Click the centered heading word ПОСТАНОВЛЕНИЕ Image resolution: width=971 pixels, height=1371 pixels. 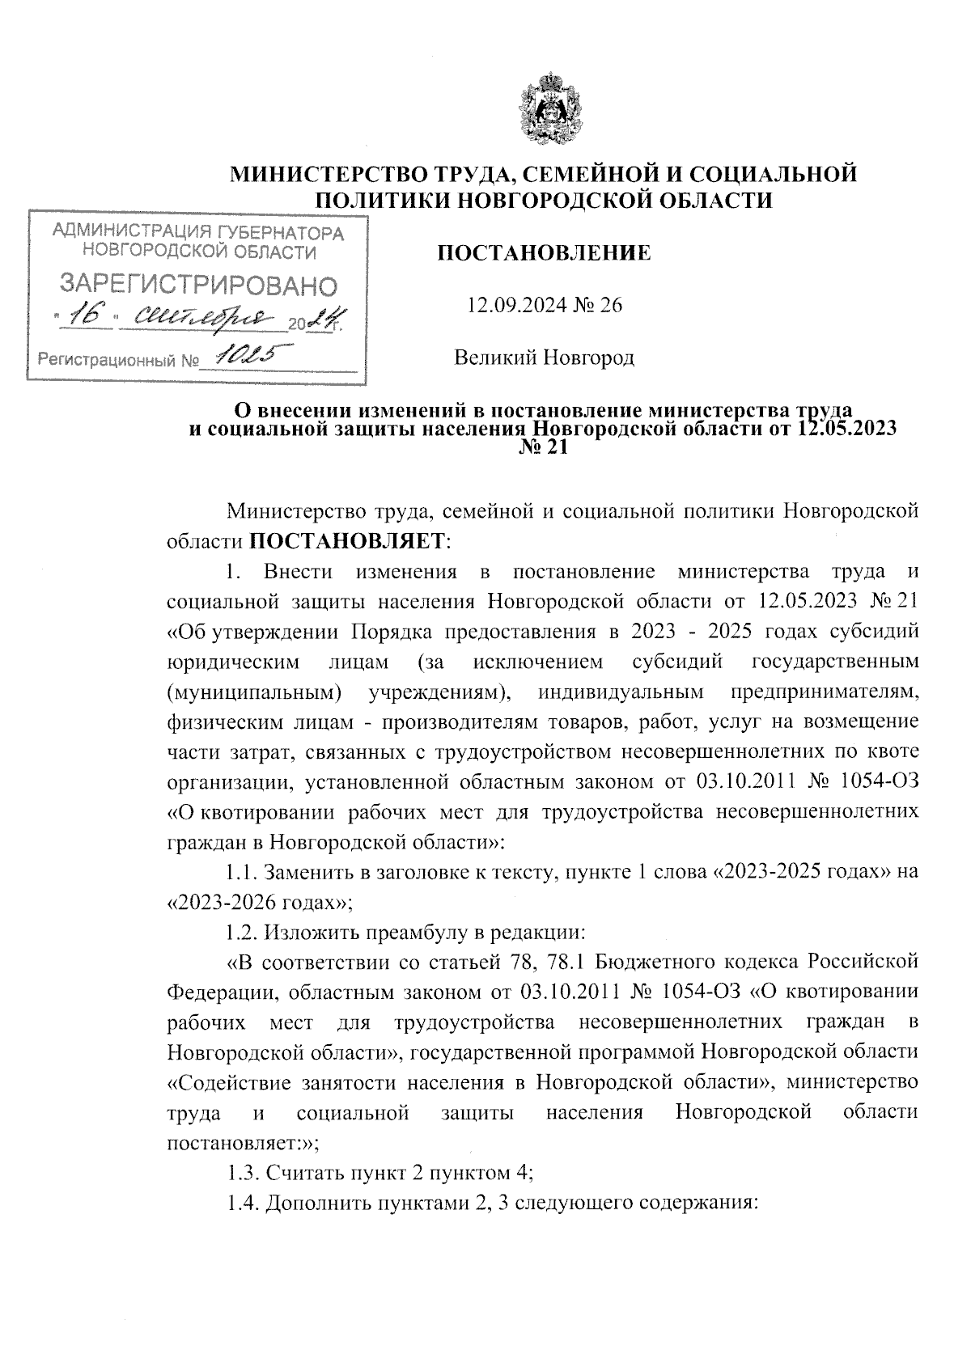pyautogui.click(x=544, y=254)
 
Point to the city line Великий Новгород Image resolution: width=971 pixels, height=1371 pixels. pyautogui.click(x=544, y=357)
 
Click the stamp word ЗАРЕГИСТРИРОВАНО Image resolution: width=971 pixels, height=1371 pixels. pyautogui.click(x=197, y=285)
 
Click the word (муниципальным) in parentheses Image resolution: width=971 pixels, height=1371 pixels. pyautogui.click(x=252, y=692)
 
